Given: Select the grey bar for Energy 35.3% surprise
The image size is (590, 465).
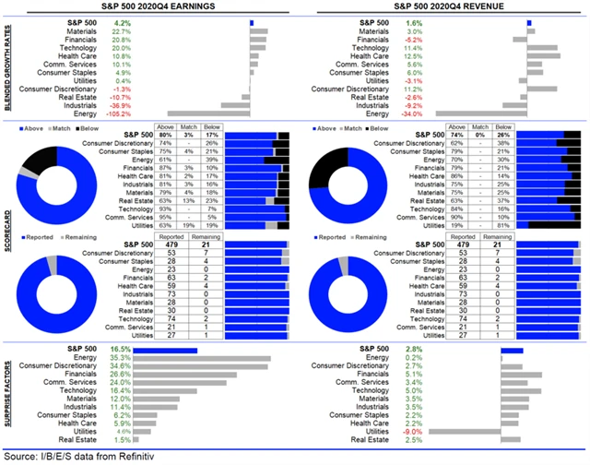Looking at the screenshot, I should (218, 358).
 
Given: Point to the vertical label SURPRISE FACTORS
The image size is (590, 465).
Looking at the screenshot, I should (8, 394).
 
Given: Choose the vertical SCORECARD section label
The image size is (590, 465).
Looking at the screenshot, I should (8, 236).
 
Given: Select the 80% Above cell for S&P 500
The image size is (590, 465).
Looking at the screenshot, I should (165, 135).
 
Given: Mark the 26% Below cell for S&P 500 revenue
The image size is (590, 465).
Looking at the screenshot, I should (502, 135).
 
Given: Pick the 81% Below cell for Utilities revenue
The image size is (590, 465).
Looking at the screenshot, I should (502, 224).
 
